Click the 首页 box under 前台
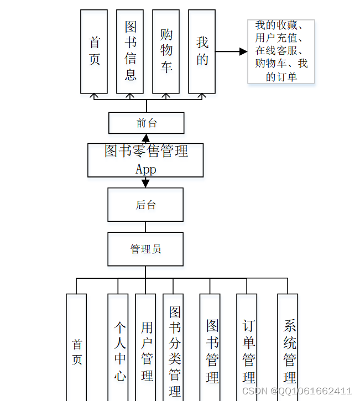pos(94,51)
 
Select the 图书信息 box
pos(130,51)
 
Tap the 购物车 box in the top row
pos(166,51)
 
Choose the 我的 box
pos(202,51)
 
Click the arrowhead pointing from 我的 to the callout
pos(243,51)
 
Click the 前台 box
pos(146,123)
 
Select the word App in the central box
pos(145,169)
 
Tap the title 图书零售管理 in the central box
pos(146,151)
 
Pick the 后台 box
pos(145,205)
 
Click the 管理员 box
pos(145,249)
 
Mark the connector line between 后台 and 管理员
pos(145,227)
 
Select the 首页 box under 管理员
pos(76,348)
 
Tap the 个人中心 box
pos(118,348)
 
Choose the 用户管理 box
pos(145,348)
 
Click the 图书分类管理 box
pos(173,348)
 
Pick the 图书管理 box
pos(210,348)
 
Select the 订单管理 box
pos(247,348)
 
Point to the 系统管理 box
pos(288,348)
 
